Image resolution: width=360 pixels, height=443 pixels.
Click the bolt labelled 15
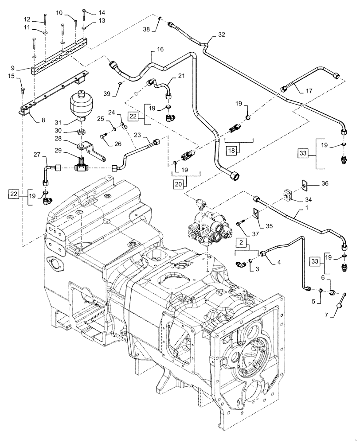click(x=22, y=90)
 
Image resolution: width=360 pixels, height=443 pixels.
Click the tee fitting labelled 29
click(x=82, y=164)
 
